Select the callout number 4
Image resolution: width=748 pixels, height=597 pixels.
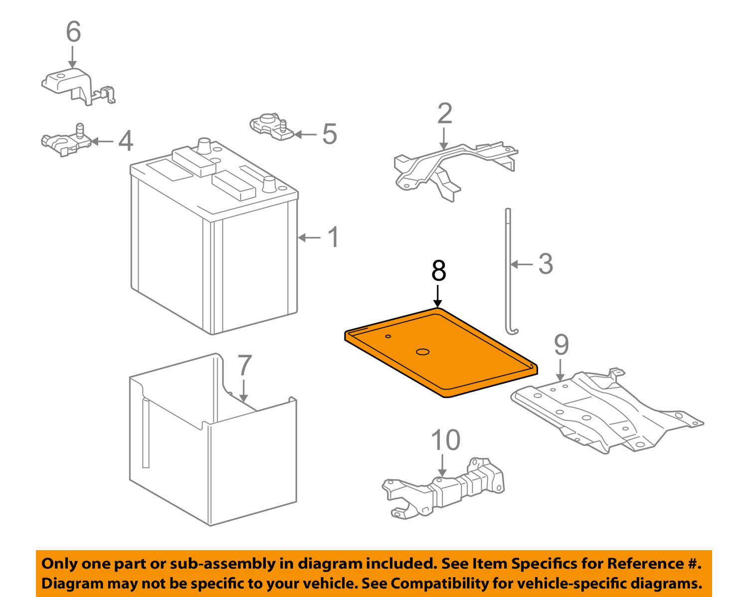126,141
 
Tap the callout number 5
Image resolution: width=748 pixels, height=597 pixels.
329,134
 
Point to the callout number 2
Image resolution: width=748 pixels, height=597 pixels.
444,114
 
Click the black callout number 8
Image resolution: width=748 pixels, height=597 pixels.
438,271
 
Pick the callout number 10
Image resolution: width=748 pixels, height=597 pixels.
445,440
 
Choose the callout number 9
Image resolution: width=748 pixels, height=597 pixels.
561,345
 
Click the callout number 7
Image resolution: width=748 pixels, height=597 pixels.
244,366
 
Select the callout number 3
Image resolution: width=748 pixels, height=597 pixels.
546,264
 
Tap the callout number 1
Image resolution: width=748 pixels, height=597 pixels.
333,237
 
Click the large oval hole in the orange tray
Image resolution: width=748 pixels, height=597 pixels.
422,352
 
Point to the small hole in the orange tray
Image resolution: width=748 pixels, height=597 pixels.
388,336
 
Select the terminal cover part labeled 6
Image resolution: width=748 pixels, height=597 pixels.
75,86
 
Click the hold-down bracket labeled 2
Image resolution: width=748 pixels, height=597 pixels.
449,165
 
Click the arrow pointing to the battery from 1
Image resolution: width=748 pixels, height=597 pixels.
310,238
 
